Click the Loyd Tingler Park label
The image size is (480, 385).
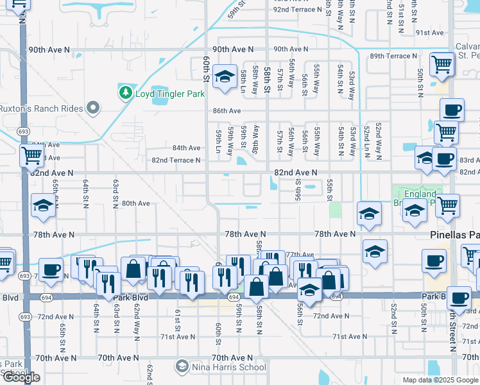coord(169,94)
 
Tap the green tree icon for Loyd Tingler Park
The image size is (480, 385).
coord(125,94)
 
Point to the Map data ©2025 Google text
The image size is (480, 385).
coord(440,380)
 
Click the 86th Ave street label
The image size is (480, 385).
coord(227,111)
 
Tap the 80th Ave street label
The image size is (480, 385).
coord(135,203)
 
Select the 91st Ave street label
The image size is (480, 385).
coord(429,33)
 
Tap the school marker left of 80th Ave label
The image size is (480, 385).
coord(42,206)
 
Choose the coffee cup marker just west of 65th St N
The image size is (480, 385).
coord(50,270)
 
